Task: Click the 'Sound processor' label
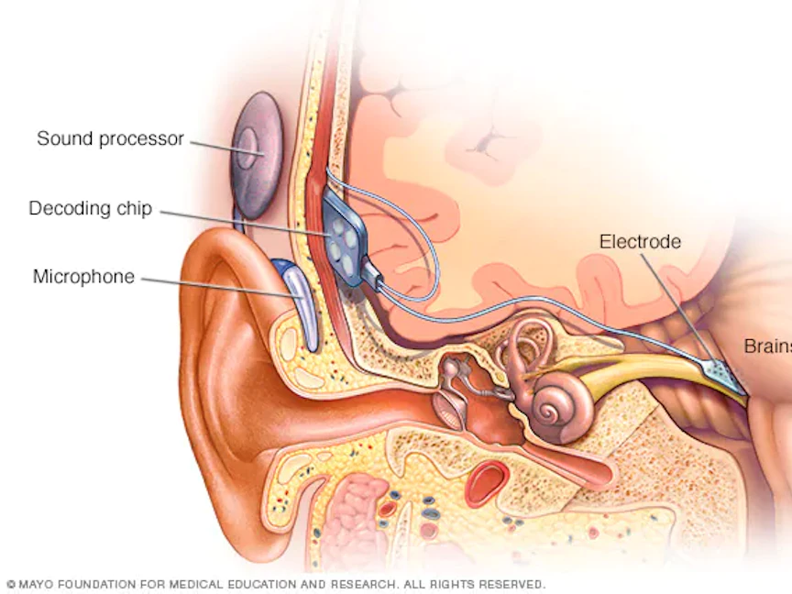[110, 139]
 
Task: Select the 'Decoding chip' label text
[90, 209]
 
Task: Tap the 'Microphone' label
[83, 277]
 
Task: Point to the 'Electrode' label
[640, 242]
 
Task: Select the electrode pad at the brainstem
[723, 371]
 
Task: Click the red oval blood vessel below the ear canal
[487, 483]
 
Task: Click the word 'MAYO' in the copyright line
[36, 584]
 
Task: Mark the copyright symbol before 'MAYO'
[10, 584]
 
